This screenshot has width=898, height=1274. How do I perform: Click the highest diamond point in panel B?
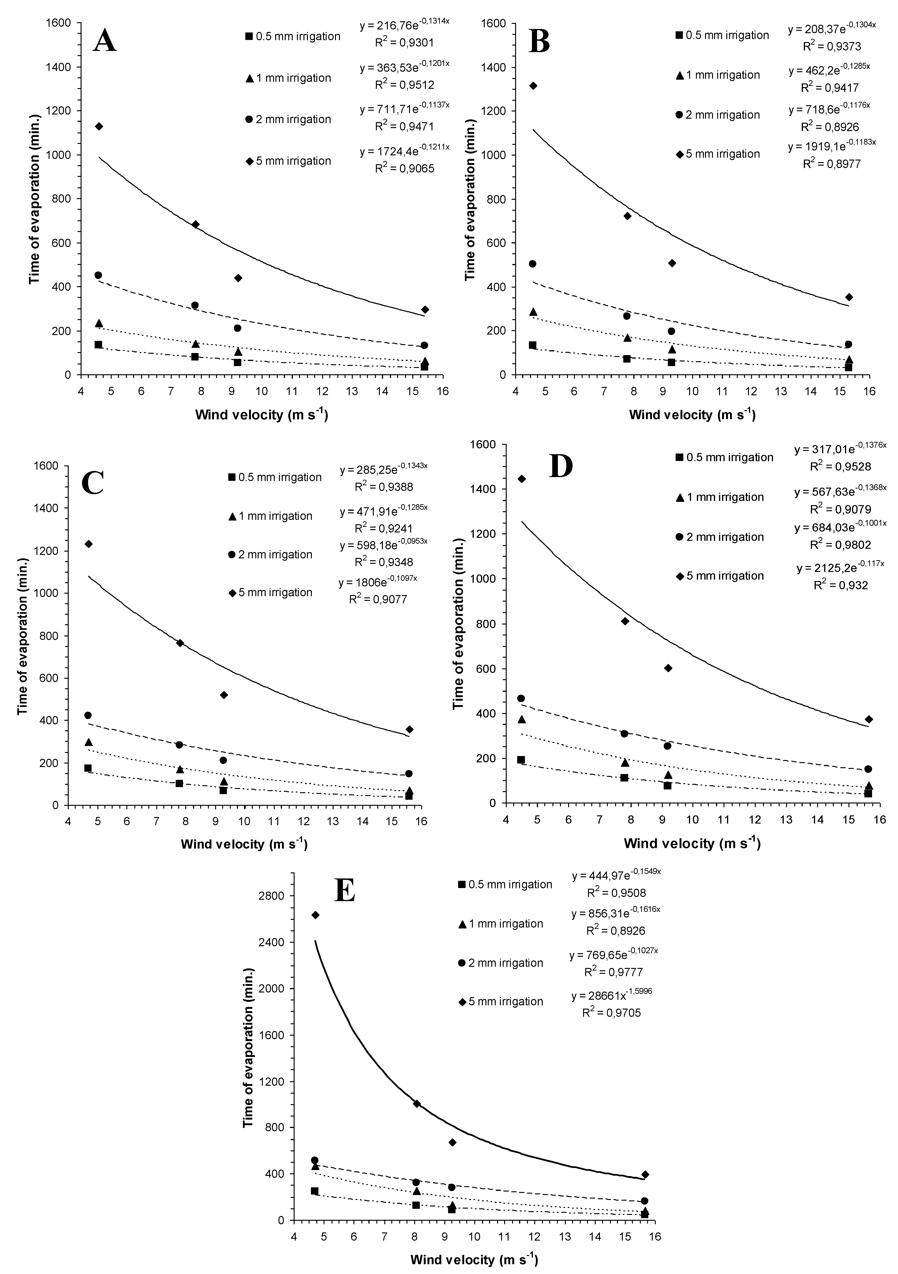pos(533,86)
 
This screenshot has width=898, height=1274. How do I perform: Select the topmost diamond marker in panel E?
pos(315,915)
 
